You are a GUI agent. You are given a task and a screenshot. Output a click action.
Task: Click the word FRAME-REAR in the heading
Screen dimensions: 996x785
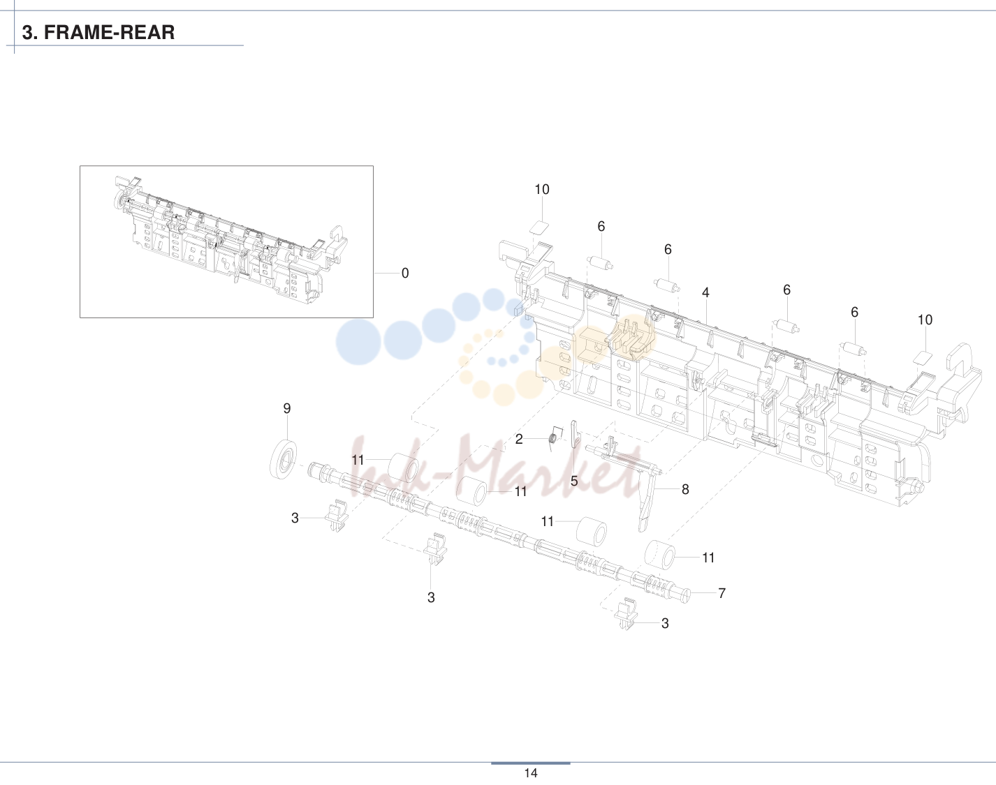pos(109,32)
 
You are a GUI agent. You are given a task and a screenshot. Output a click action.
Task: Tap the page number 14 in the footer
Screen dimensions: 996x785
pos(530,773)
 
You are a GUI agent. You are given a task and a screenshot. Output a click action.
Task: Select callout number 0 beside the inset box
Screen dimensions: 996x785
pos(405,274)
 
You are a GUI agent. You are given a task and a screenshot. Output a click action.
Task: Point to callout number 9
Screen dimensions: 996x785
pos(287,409)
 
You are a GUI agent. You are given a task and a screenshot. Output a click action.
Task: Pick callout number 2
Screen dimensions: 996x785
pos(519,439)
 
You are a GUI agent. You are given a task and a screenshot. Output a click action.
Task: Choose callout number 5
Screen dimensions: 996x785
pos(574,481)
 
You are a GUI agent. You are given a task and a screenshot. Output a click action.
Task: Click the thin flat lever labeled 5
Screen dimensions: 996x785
pos(575,435)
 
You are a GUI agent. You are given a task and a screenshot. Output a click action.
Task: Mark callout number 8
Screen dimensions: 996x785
pos(685,489)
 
